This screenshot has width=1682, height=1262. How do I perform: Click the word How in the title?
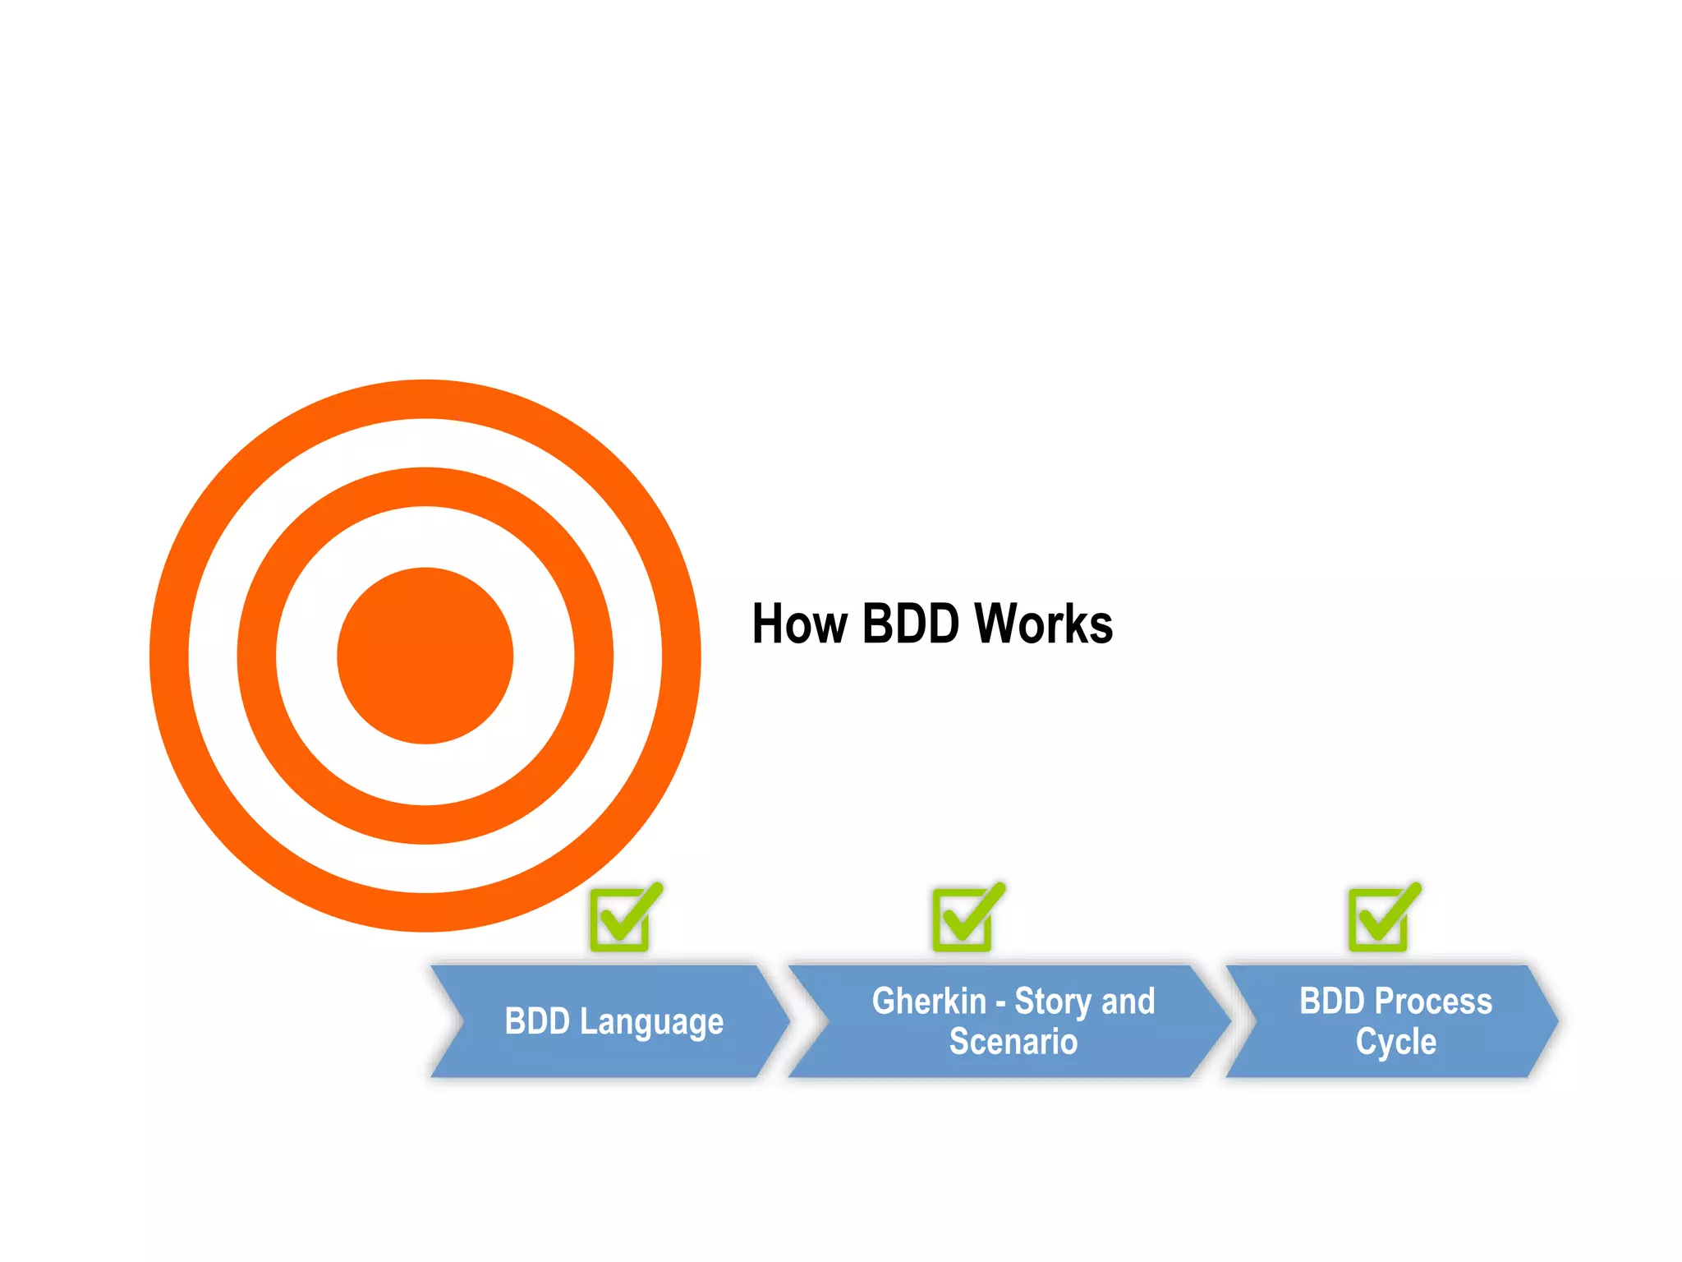pos(799,624)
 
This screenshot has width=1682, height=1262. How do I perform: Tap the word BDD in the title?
pos(910,624)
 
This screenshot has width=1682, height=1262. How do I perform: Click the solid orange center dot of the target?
pos(425,656)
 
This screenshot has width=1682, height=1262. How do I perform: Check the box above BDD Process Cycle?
pos(1381,919)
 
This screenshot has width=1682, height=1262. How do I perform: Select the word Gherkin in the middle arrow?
pos(929,1002)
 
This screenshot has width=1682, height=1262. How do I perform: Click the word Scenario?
pos(1013,1042)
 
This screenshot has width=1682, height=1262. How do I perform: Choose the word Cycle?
pos(1396,1042)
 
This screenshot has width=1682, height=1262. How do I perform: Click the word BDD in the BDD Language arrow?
pos(537,1021)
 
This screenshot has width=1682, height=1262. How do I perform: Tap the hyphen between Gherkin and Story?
pos(1000,1004)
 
